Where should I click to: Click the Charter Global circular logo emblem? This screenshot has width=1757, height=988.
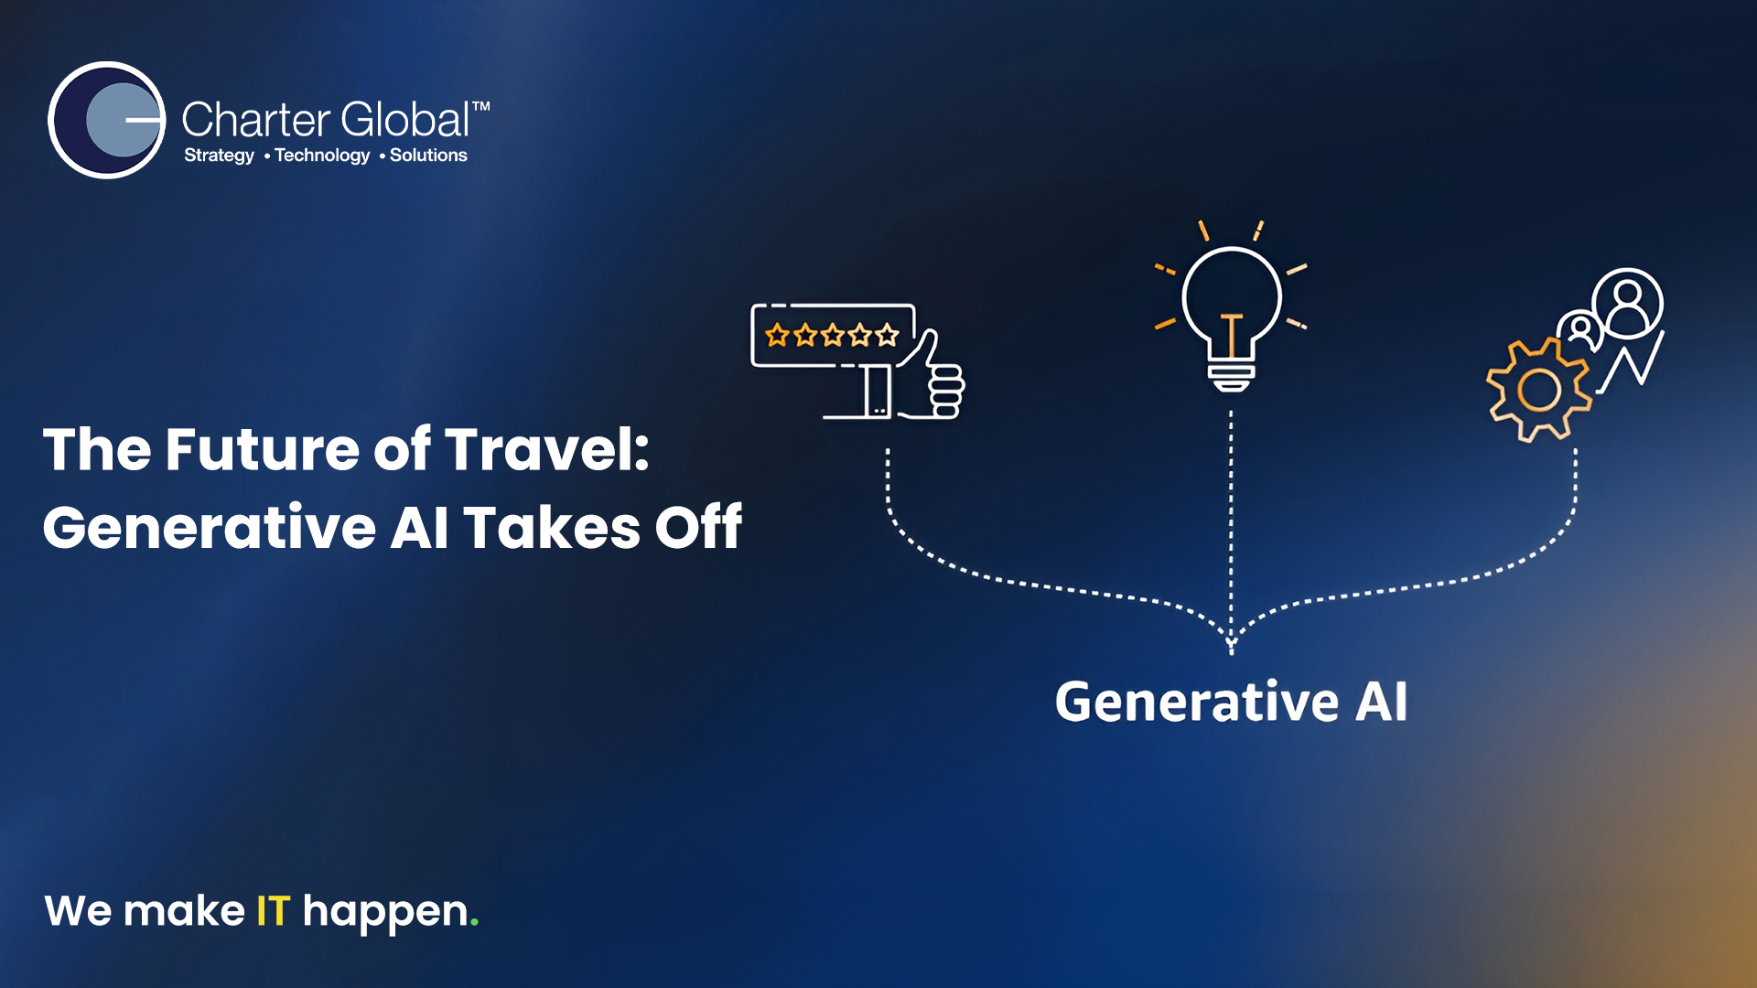107,120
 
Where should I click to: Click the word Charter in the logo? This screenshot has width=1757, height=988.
255,120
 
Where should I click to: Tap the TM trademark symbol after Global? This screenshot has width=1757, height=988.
481,107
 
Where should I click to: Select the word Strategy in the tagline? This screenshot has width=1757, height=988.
219,156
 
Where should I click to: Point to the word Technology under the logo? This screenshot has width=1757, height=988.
322,156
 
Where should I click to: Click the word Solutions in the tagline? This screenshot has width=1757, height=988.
428,156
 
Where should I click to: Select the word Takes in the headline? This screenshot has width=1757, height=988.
551,528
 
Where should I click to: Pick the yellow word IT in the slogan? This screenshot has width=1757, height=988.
273,911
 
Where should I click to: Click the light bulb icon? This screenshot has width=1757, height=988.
1231,311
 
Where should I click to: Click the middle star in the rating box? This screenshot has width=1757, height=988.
832,336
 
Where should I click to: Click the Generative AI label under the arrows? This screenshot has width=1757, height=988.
1231,702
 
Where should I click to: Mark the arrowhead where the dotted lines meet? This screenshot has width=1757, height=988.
1231,645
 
